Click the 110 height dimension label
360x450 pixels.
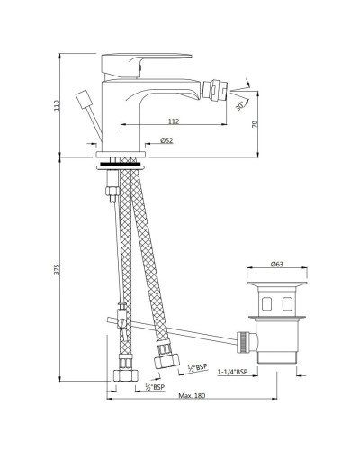pos(57,105)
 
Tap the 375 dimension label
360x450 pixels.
pos(57,269)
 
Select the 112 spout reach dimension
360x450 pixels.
pos(174,121)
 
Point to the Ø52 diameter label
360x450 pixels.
pos(166,140)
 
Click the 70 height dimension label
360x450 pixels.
pos(255,124)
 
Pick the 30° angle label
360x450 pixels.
pos(240,105)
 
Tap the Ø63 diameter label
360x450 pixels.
pos(276,264)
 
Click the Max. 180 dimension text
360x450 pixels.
pos(192,395)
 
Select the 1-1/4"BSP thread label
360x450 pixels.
pos(232,372)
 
